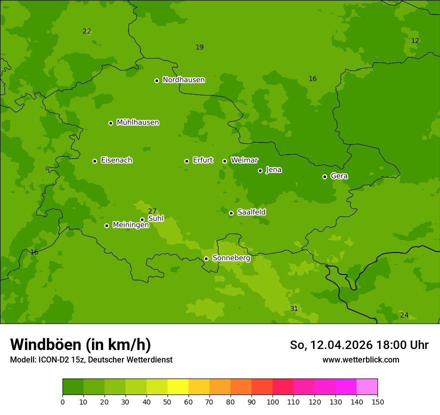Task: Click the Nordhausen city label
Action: click(183, 80)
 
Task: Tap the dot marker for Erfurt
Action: click(186, 161)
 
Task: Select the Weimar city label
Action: click(244, 160)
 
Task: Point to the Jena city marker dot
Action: click(260, 170)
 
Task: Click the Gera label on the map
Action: click(339, 176)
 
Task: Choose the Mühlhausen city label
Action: click(137, 122)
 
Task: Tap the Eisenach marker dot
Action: click(94, 161)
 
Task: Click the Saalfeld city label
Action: click(251, 212)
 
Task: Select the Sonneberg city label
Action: click(231, 258)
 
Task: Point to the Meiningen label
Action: click(130, 225)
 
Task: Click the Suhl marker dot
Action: click(142, 219)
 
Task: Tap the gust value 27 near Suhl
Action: click(152, 211)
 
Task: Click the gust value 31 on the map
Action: click(294, 308)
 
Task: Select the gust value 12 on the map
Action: click(415, 40)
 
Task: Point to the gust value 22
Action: click(86, 31)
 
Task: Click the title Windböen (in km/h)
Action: click(80, 344)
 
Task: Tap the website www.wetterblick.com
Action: click(360, 359)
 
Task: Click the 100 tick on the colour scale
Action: click(272, 401)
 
